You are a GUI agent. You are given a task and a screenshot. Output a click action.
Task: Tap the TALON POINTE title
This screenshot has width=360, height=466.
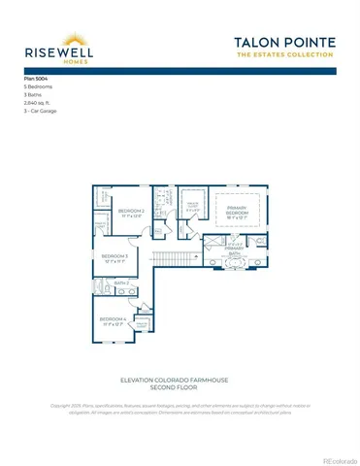pyautogui.click(x=285, y=42)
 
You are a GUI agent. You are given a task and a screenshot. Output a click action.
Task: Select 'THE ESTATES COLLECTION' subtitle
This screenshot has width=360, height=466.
pyautogui.click(x=285, y=54)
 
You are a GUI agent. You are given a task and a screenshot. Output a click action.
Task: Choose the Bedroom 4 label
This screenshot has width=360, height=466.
pyautogui.click(x=112, y=319)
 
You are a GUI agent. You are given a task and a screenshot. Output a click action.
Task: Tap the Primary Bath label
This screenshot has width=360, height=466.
pyautogui.click(x=234, y=250)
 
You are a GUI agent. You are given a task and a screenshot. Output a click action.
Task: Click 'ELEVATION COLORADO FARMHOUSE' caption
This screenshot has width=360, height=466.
pyautogui.click(x=180, y=378)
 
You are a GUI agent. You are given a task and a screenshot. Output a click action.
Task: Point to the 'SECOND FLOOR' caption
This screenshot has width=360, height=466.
pyautogui.click(x=180, y=386)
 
